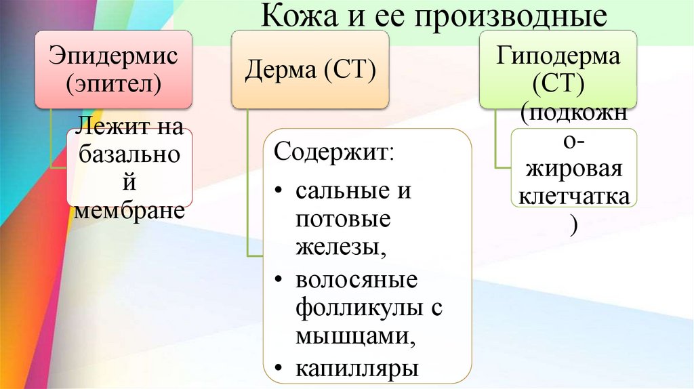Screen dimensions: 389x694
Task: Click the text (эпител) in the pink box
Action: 113,83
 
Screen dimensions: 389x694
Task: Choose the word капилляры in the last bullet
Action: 357,368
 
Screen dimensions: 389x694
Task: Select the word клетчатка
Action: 573,197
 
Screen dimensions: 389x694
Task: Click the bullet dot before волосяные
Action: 281,279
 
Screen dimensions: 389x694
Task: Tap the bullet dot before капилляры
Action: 281,369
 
